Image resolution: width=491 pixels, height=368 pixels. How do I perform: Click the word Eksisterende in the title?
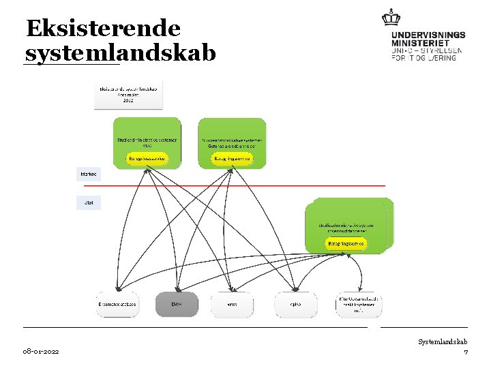[103, 29]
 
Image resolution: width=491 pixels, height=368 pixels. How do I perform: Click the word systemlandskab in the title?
[119, 53]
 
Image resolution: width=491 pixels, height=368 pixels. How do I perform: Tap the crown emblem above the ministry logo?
[391, 17]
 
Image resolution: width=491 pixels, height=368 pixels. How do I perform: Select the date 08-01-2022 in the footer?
[40, 351]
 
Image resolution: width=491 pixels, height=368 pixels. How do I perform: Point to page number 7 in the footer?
[465, 352]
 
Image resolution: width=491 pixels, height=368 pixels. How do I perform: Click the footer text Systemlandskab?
[443, 341]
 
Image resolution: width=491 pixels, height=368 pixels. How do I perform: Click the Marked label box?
[88, 174]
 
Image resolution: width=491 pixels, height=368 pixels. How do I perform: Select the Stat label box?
[88, 202]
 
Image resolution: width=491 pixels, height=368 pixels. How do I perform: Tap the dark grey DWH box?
[177, 304]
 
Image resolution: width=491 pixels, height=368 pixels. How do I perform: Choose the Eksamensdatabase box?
[117, 304]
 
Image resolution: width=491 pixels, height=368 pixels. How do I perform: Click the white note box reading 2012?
[129, 95]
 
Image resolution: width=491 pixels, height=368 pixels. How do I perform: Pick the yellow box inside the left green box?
[147, 158]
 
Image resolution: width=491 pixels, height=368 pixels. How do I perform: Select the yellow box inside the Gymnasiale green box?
[233, 158]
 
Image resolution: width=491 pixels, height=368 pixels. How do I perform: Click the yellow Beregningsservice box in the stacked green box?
[346, 243]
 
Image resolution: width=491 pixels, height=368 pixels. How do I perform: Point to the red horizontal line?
[232, 185]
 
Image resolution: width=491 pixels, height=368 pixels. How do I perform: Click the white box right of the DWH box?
[232, 304]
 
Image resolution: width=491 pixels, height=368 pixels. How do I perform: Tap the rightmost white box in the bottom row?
[359, 304]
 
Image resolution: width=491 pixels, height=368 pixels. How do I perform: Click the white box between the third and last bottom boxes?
[296, 304]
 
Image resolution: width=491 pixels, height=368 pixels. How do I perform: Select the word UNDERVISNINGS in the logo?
[428, 35]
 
